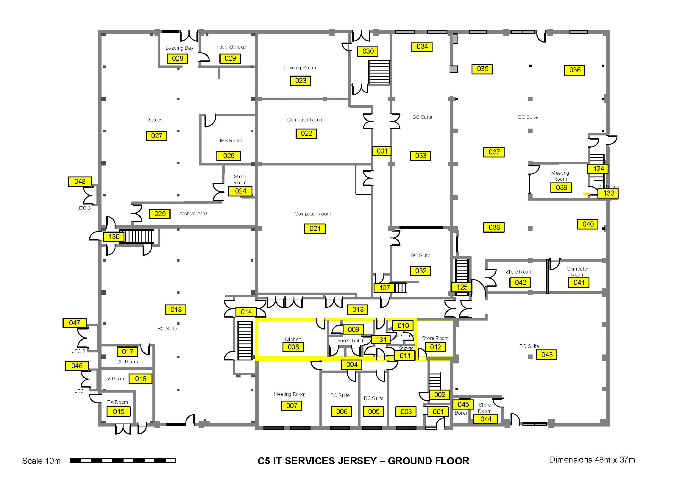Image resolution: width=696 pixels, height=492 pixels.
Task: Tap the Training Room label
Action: point(299,68)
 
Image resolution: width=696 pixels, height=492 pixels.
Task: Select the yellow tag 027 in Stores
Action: point(156,136)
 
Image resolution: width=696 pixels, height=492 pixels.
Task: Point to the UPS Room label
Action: point(230,141)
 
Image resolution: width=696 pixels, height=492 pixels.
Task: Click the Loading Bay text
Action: point(179,48)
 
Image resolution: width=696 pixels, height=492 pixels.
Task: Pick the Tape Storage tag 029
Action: point(230,59)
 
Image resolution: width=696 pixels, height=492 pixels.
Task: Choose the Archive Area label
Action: point(193,213)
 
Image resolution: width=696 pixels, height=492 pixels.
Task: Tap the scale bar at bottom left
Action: point(123,460)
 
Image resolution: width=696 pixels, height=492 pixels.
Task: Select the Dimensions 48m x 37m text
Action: point(592,460)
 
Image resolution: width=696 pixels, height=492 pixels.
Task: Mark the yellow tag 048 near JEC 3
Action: point(80,182)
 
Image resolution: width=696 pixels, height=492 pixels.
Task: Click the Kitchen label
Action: point(293,339)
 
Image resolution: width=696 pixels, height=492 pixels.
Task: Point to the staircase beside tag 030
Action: point(379,72)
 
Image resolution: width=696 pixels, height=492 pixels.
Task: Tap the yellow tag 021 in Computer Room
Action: point(315,229)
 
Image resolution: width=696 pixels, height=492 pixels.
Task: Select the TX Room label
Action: point(118,402)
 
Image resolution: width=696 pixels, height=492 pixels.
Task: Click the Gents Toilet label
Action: point(349,341)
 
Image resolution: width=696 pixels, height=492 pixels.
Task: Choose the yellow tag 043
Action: point(547,355)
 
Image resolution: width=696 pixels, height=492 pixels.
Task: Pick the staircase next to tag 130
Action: point(138,236)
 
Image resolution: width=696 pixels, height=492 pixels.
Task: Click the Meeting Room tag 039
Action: point(561,188)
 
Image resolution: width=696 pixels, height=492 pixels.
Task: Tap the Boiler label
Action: point(461,413)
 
